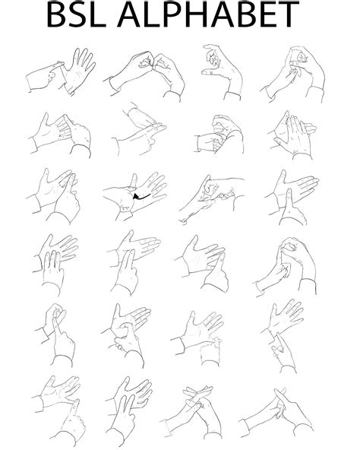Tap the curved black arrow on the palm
click(140, 197)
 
